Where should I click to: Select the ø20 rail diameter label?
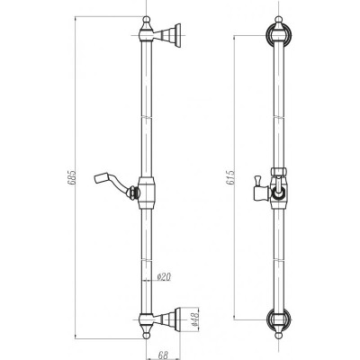click(x=164, y=276)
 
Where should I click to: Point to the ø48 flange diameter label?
click(x=194, y=319)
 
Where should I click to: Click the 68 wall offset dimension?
click(x=163, y=355)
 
